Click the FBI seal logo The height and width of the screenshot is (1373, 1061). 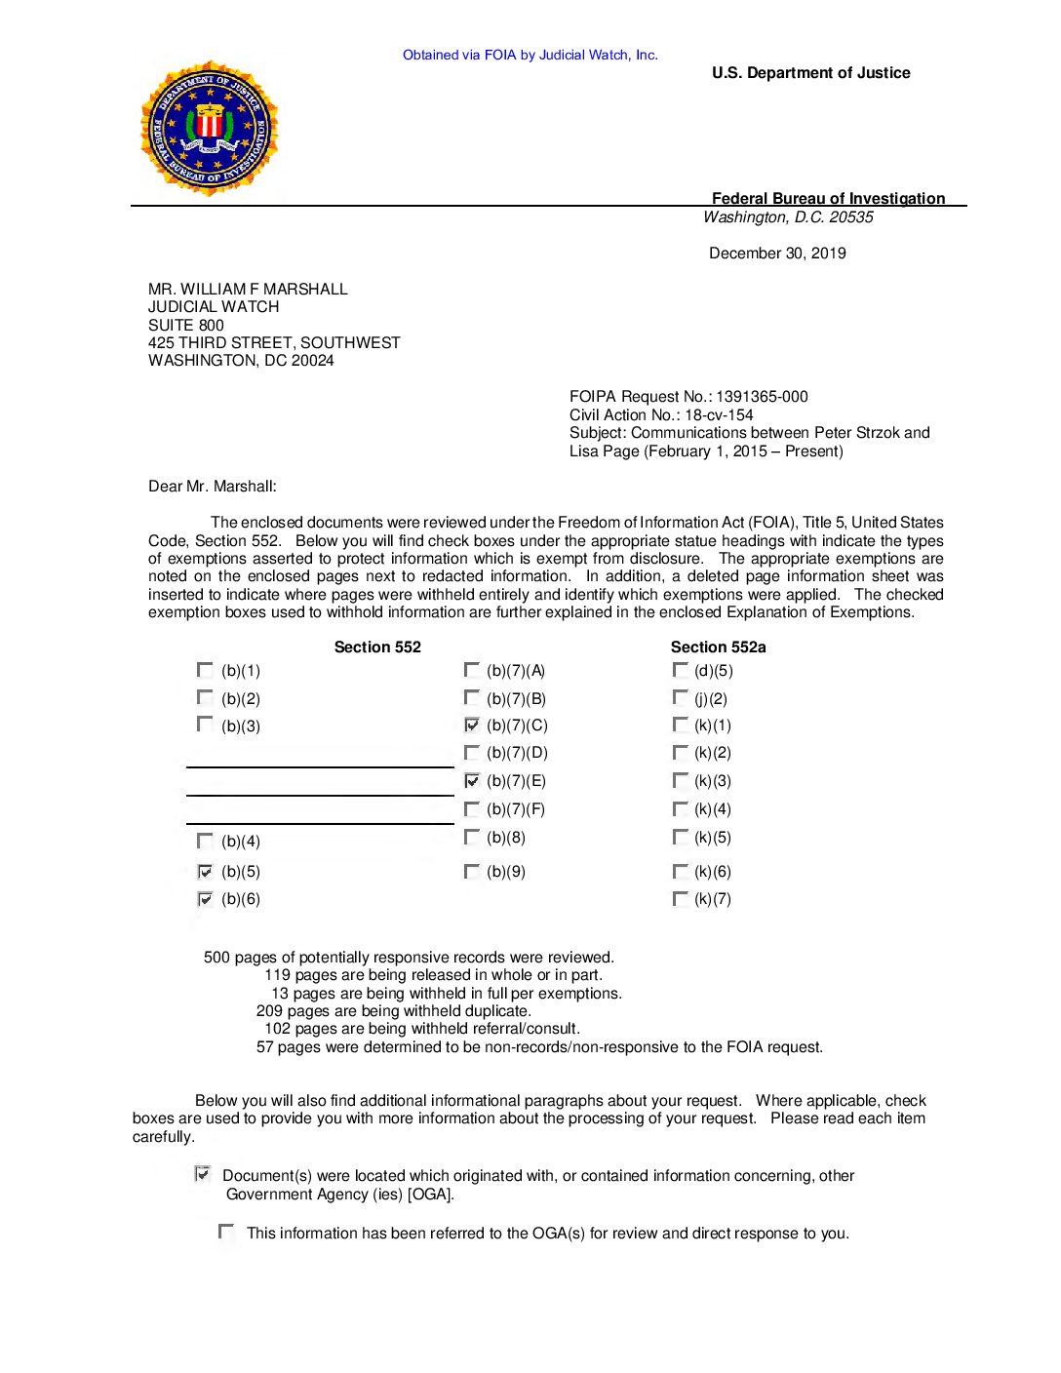pos(210,128)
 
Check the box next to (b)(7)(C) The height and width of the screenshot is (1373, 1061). pos(472,725)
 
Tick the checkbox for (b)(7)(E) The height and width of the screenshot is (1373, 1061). pos(472,780)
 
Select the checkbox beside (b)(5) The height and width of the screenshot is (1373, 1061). pos(205,871)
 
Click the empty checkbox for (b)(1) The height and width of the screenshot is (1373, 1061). pos(205,670)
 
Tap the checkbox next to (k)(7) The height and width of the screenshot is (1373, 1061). pos(680,898)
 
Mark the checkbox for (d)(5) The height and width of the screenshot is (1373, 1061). pos(680,670)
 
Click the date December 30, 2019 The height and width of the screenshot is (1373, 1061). pos(777,254)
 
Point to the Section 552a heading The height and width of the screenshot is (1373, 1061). pos(718,647)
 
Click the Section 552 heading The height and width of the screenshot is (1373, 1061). pos(377,647)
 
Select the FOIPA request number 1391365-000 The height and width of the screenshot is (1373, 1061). pos(762,397)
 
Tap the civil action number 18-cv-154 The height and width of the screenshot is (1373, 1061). pos(719,414)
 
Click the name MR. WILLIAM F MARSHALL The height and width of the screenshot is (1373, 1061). pos(248,289)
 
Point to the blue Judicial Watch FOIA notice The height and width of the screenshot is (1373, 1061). pos(530,55)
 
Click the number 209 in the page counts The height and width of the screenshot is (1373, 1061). pos(269,1011)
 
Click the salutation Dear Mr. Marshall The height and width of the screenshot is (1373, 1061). pos(213,487)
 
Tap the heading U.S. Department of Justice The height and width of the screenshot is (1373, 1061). pos(810,73)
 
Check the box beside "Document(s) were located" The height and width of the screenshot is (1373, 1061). pos(203,1174)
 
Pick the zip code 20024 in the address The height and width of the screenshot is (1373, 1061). pos(312,361)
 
